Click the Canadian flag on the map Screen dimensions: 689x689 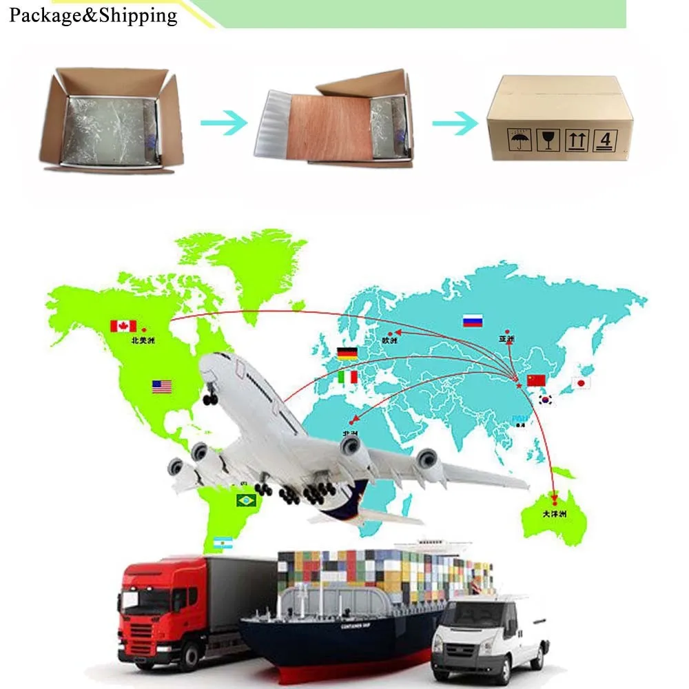[123, 325]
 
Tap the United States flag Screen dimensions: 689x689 [162, 387]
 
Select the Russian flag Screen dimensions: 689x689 [473, 320]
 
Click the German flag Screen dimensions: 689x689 [347, 353]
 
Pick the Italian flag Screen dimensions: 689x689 [348, 377]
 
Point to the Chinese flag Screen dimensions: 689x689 [535, 380]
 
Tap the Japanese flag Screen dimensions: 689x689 [582, 383]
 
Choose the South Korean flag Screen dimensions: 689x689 [546, 400]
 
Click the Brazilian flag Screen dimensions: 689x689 [246, 500]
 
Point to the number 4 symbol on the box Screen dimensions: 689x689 [605, 141]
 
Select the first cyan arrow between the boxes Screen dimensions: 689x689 [224, 123]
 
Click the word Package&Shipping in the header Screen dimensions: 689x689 [93, 15]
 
